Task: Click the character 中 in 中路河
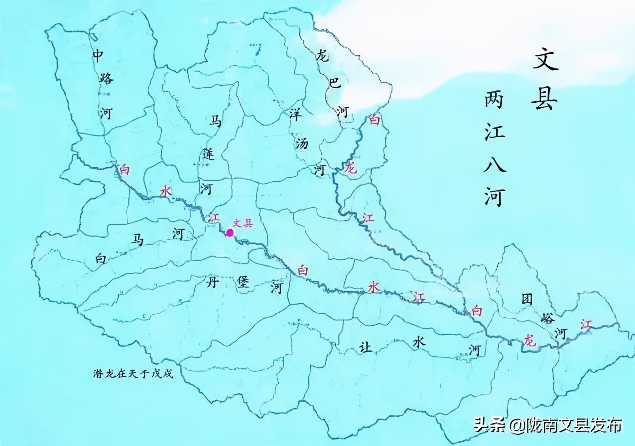coord(98,56)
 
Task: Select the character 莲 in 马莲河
coord(208,154)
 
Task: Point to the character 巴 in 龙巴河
coord(335,82)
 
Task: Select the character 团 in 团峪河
coord(527,299)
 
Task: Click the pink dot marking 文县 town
coord(230,232)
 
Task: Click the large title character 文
coord(546,59)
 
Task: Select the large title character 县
coord(545,99)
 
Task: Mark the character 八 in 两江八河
coord(495,163)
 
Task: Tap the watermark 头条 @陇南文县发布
coord(547,425)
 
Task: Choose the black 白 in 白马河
coord(101,258)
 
